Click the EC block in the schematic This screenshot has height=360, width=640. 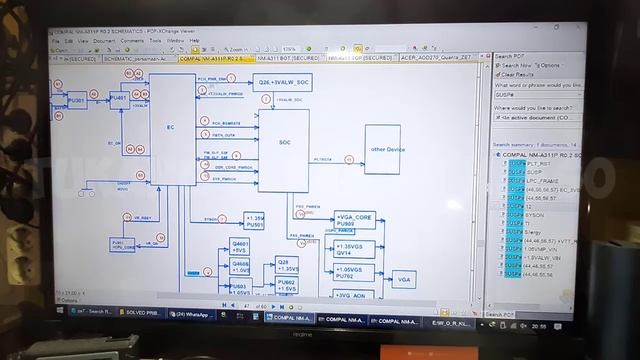[170, 128]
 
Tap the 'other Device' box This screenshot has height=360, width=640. [387, 150]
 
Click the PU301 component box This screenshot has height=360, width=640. [78, 101]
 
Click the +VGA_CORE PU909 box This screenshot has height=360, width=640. [357, 219]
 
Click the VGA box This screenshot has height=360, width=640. [403, 279]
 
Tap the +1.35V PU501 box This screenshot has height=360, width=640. [255, 220]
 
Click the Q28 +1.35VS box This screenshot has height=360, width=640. [287, 265]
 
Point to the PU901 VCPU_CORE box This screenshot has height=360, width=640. [124, 245]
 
